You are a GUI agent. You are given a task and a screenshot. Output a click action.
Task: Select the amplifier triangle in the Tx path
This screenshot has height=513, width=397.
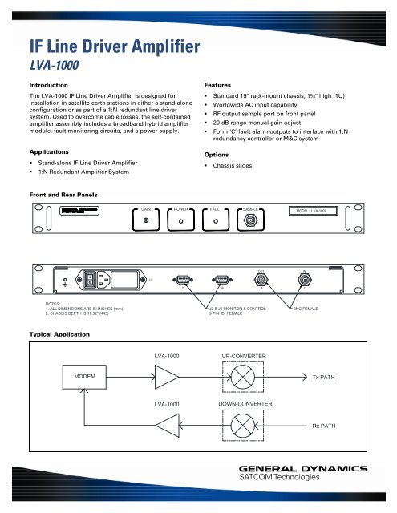[x=167, y=377]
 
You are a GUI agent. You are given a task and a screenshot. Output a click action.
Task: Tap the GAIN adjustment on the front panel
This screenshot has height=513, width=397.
[x=146, y=222]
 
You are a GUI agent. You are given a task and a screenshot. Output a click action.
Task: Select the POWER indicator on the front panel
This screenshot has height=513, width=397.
[x=181, y=222]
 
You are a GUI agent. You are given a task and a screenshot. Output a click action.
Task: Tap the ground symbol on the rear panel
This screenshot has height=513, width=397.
[x=66, y=281]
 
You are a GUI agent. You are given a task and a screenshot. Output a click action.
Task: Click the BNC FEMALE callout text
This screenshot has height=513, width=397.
[x=309, y=307]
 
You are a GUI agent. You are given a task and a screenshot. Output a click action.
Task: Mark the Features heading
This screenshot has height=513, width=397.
[x=221, y=83]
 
